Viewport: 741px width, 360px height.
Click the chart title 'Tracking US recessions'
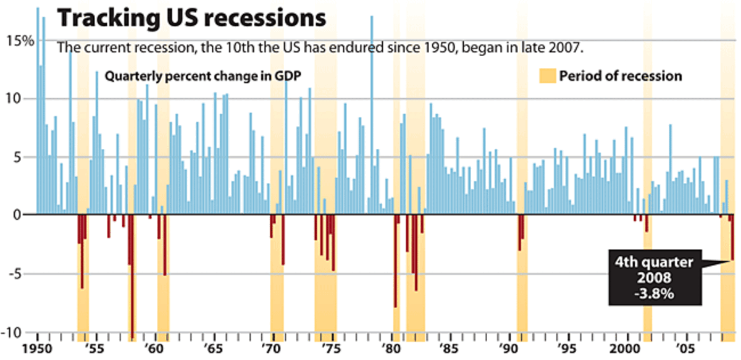click(x=191, y=18)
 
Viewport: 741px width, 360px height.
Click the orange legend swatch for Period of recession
click(x=547, y=76)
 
